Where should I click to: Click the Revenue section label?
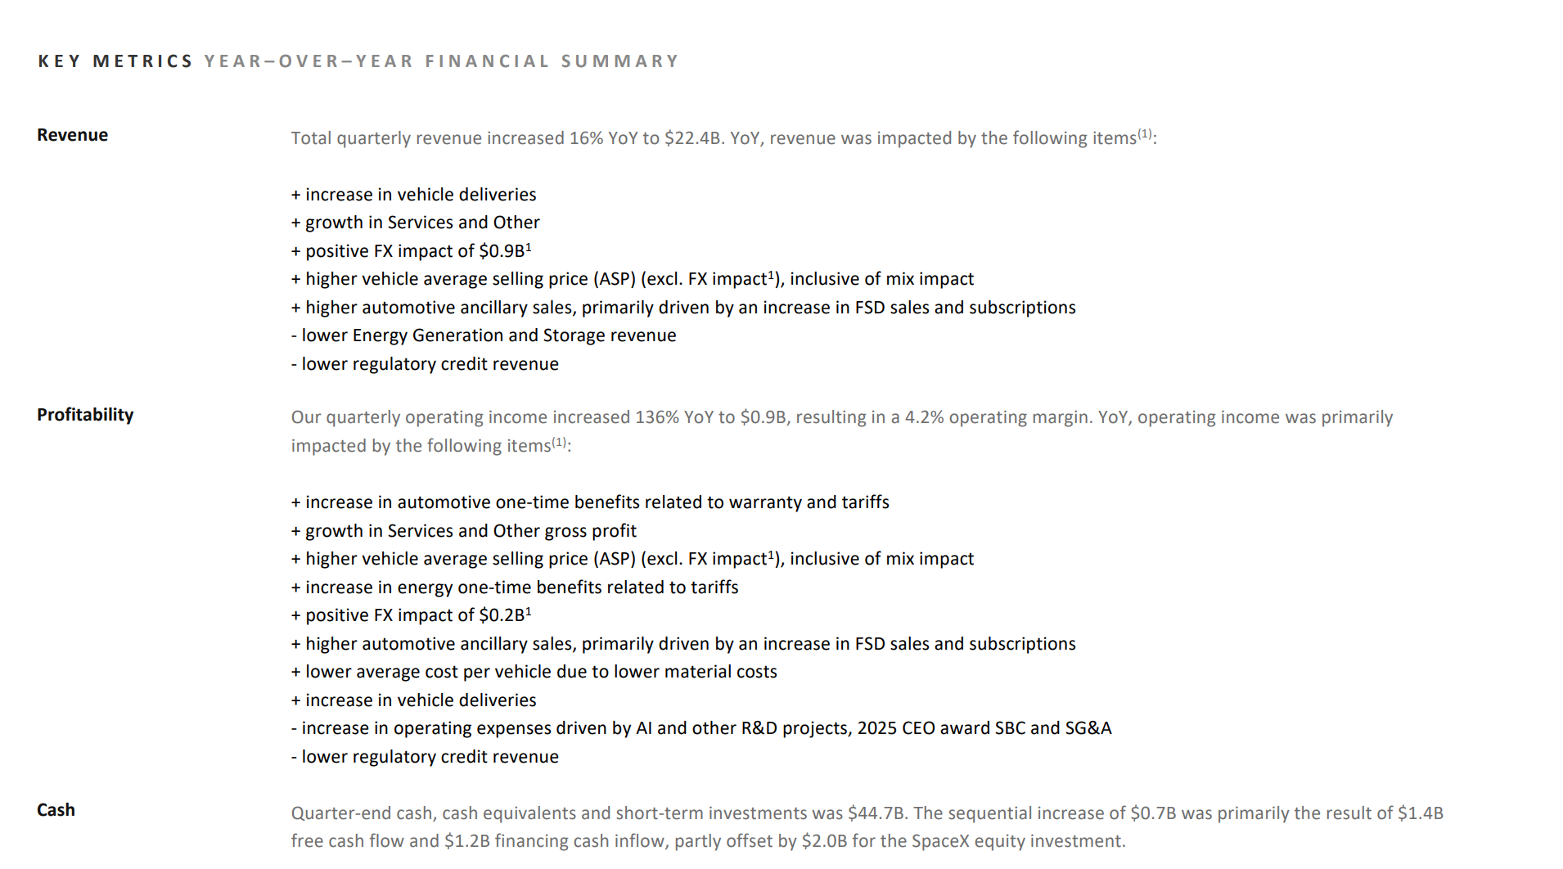click(x=72, y=135)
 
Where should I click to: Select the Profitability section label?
click(x=85, y=415)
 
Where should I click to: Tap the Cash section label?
click(x=56, y=810)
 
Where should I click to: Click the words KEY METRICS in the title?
click(x=115, y=61)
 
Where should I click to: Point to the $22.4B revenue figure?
click(x=693, y=138)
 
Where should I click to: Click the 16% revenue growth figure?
click(x=586, y=138)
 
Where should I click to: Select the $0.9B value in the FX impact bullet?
click(x=502, y=251)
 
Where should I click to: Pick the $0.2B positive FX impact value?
click(x=502, y=615)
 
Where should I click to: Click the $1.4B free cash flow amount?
click(x=1420, y=813)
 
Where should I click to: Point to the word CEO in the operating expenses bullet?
click(x=920, y=728)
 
